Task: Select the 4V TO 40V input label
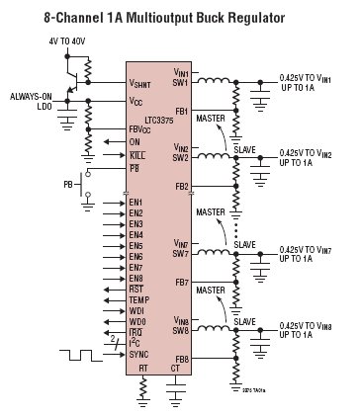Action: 68,42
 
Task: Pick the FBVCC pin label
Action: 144,128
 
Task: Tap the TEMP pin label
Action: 138,299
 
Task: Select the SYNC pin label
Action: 138,353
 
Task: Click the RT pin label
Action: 144,369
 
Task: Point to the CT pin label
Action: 177,369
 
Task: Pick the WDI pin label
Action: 137,310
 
